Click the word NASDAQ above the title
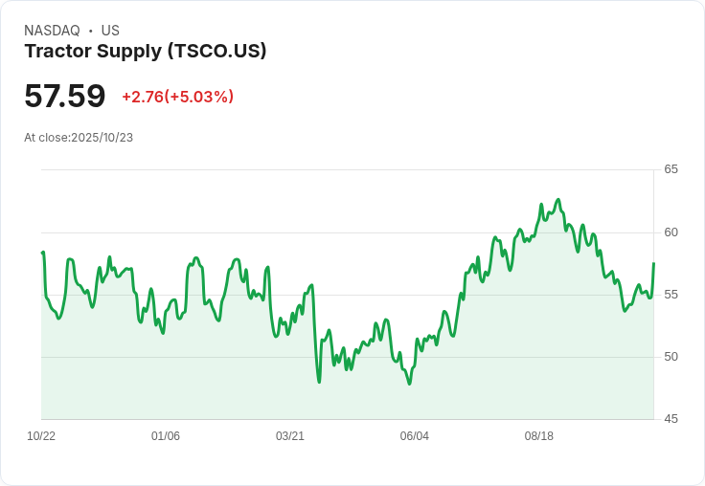52,31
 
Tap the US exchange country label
110,31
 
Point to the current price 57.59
64,96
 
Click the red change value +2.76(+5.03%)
177,97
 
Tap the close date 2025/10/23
102,138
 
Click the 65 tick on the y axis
671,169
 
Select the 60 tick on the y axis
671,232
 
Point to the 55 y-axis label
671,295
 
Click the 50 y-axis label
671,357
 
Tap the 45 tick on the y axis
671,419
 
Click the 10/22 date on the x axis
41,436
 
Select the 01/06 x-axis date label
166,436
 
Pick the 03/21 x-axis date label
290,436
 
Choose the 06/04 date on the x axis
415,436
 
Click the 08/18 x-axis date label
539,436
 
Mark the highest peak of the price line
557,200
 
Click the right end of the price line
653,263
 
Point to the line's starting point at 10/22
43,253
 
